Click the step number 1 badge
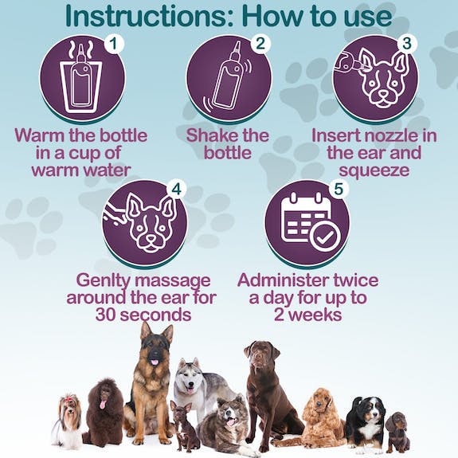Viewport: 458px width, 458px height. click(114, 44)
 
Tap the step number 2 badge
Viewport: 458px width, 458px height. click(260, 44)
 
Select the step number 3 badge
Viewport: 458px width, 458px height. click(406, 44)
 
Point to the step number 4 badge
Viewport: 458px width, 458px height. click(176, 190)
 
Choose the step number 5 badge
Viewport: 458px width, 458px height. click(339, 190)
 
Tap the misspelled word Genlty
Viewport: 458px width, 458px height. click(103, 281)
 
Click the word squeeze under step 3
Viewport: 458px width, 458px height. click(374, 170)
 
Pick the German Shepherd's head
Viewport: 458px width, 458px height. click(155, 345)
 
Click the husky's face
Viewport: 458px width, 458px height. click(190, 378)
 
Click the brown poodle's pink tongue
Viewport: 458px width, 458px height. click(104, 405)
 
